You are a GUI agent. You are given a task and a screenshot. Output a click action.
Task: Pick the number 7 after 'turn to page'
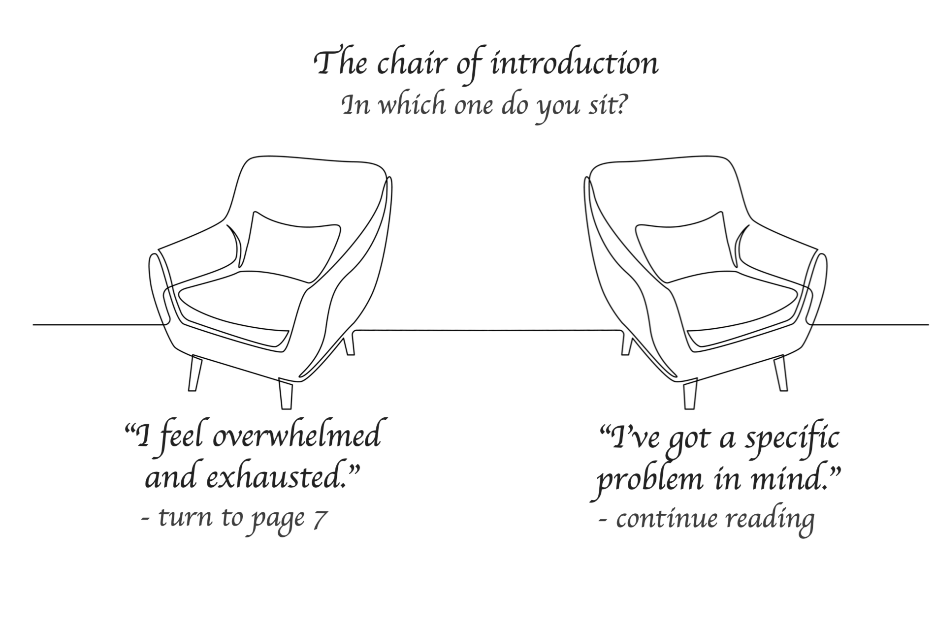[320, 518]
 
